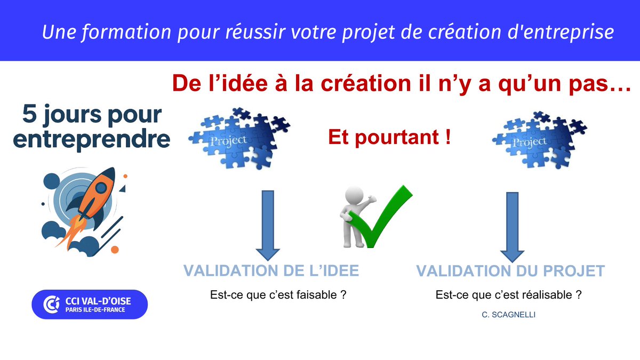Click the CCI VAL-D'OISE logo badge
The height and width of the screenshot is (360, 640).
[x=89, y=305]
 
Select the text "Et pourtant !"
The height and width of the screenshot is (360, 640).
[x=389, y=138]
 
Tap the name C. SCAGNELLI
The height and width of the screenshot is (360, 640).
[x=508, y=315]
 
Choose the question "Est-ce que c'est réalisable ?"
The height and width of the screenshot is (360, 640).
[x=508, y=294]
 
